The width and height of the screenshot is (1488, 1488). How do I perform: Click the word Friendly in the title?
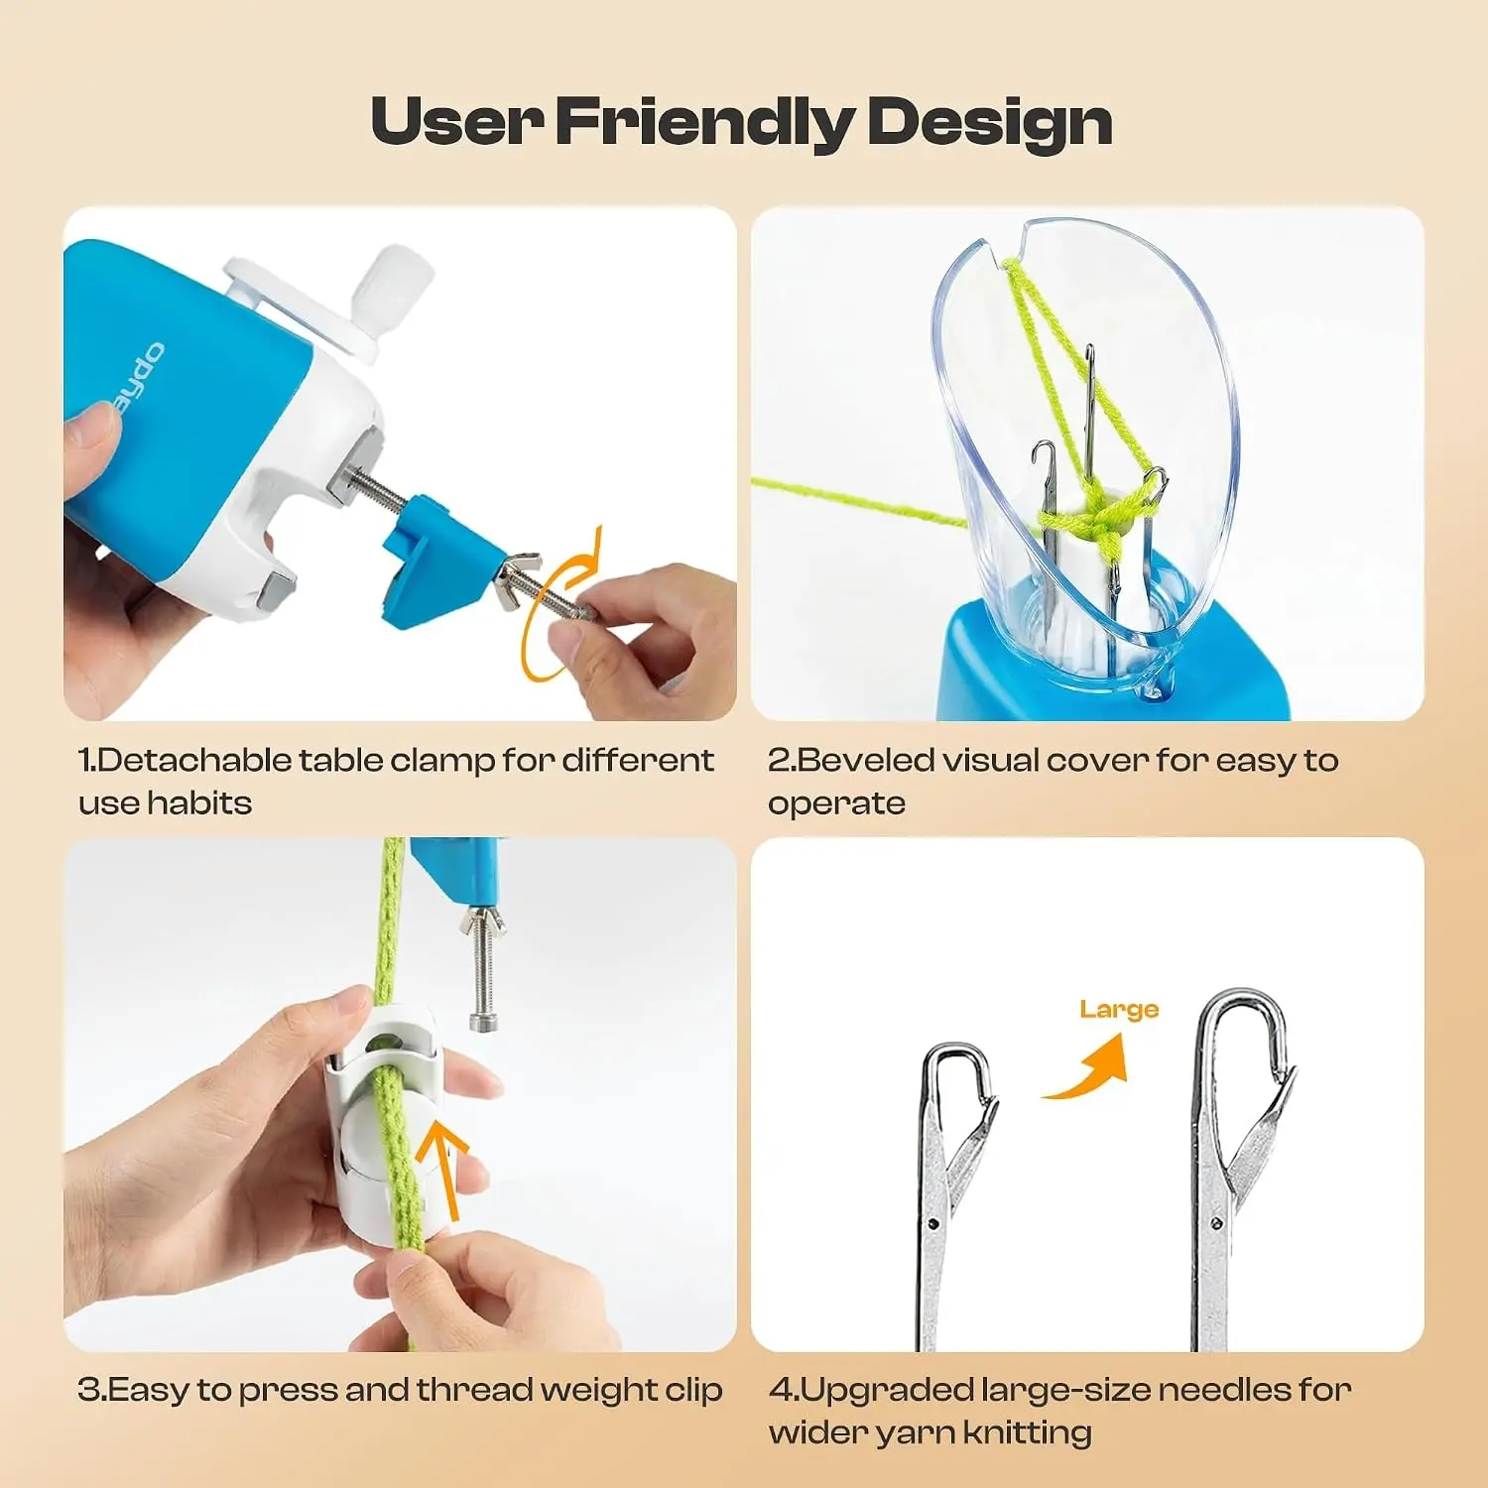tap(703, 122)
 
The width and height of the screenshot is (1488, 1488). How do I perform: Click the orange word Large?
tap(1119, 1010)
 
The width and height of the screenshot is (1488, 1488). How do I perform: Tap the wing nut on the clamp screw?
tap(519, 580)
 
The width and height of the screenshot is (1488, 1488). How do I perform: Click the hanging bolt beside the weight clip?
tap(482, 967)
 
